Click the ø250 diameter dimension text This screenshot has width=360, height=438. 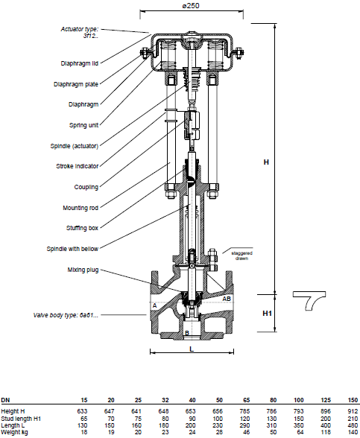click(x=191, y=6)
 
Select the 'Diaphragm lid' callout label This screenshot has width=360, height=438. click(x=80, y=63)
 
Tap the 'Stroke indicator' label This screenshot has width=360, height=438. click(x=78, y=166)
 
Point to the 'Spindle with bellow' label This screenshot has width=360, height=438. click(x=72, y=249)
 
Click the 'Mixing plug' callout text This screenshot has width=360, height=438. click(x=83, y=270)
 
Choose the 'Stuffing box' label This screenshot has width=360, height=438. click(x=82, y=228)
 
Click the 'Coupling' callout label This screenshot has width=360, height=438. click(x=86, y=187)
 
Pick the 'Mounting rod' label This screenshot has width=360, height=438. click(x=80, y=208)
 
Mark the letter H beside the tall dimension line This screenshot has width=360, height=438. click(x=266, y=162)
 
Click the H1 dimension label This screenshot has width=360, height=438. click(x=267, y=314)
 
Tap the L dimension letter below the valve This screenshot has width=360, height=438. click(x=192, y=349)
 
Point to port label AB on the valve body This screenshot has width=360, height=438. click(x=227, y=299)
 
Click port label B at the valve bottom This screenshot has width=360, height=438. click(x=187, y=333)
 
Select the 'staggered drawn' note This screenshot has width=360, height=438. click(x=241, y=256)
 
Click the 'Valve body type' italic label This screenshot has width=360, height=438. click(x=66, y=315)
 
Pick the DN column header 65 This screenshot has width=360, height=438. click(x=246, y=400)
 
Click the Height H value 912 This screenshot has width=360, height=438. click(x=353, y=411)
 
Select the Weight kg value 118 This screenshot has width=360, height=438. click(x=326, y=432)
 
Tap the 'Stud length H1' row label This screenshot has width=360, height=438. click(x=21, y=419)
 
